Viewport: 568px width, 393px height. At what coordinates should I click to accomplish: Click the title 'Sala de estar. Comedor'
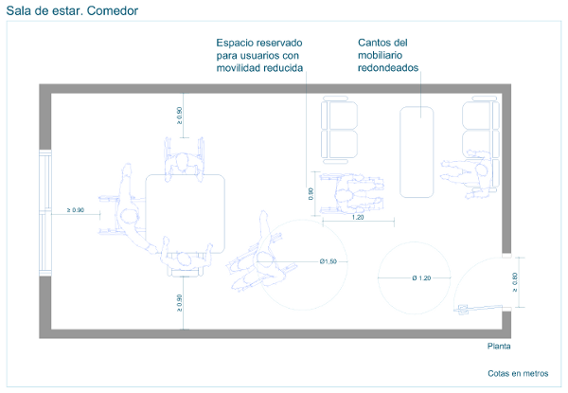pyautogui.click(x=72, y=11)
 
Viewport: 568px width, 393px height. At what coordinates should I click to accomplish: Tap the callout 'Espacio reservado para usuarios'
pyautogui.click(x=259, y=56)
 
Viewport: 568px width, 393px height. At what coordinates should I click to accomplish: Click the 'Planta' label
pyautogui.click(x=498, y=347)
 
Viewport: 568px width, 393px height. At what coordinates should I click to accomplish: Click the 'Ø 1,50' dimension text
pyautogui.click(x=328, y=261)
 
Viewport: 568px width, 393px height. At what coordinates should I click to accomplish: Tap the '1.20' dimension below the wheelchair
pyautogui.click(x=358, y=218)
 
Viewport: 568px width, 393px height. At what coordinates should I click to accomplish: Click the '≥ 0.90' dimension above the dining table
pyautogui.click(x=180, y=116)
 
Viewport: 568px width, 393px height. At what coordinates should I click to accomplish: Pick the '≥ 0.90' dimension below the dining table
pyautogui.click(x=180, y=304)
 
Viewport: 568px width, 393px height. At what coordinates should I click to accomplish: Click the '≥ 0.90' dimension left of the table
pyautogui.click(x=75, y=210)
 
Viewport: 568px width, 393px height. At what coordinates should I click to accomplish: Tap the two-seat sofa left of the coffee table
pyautogui.click(x=340, y=129)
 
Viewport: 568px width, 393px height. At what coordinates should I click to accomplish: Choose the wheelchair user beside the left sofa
pyautogui.click(x=345, y=194)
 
